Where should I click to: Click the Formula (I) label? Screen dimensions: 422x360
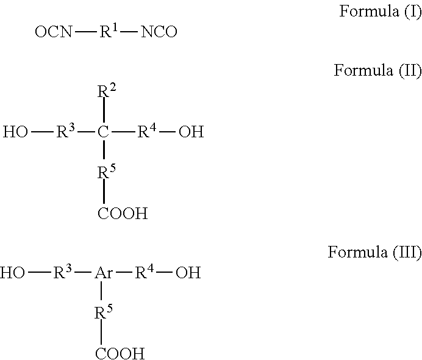[x=380, y=11]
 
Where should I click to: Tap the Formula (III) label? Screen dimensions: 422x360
[x=374, y=252]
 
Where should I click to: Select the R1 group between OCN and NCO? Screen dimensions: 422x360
[x=107, y=32]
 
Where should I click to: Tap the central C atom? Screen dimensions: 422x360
[x=104, y=132]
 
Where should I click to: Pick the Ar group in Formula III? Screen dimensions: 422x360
[x=103, y=273]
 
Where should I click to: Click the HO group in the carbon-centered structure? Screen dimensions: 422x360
[x=15, y=132]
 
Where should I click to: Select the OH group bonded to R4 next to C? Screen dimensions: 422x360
[x=191, y=132]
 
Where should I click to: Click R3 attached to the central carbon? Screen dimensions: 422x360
[x=65, y=131]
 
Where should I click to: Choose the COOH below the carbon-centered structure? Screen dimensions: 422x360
[x=122, y=214]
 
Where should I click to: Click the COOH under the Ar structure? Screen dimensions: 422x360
[x=120, y=353]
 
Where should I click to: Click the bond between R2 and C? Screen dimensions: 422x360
[x=104, y=112]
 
